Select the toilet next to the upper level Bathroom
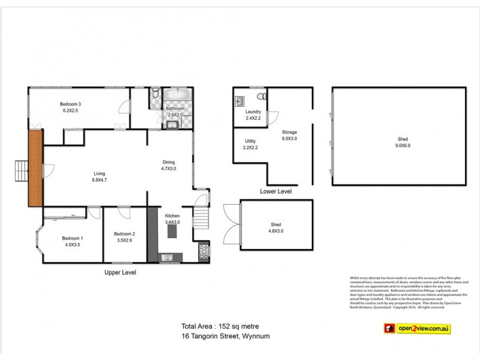(x=155, y=94)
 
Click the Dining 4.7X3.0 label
(x=169, y=166)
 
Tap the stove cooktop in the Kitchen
(x=203, y=252)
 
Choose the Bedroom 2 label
(x=125, y=237)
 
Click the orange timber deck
(x=35, y=169)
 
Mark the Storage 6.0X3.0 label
(x=289, y=135)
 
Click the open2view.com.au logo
(x=419, y=328)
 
